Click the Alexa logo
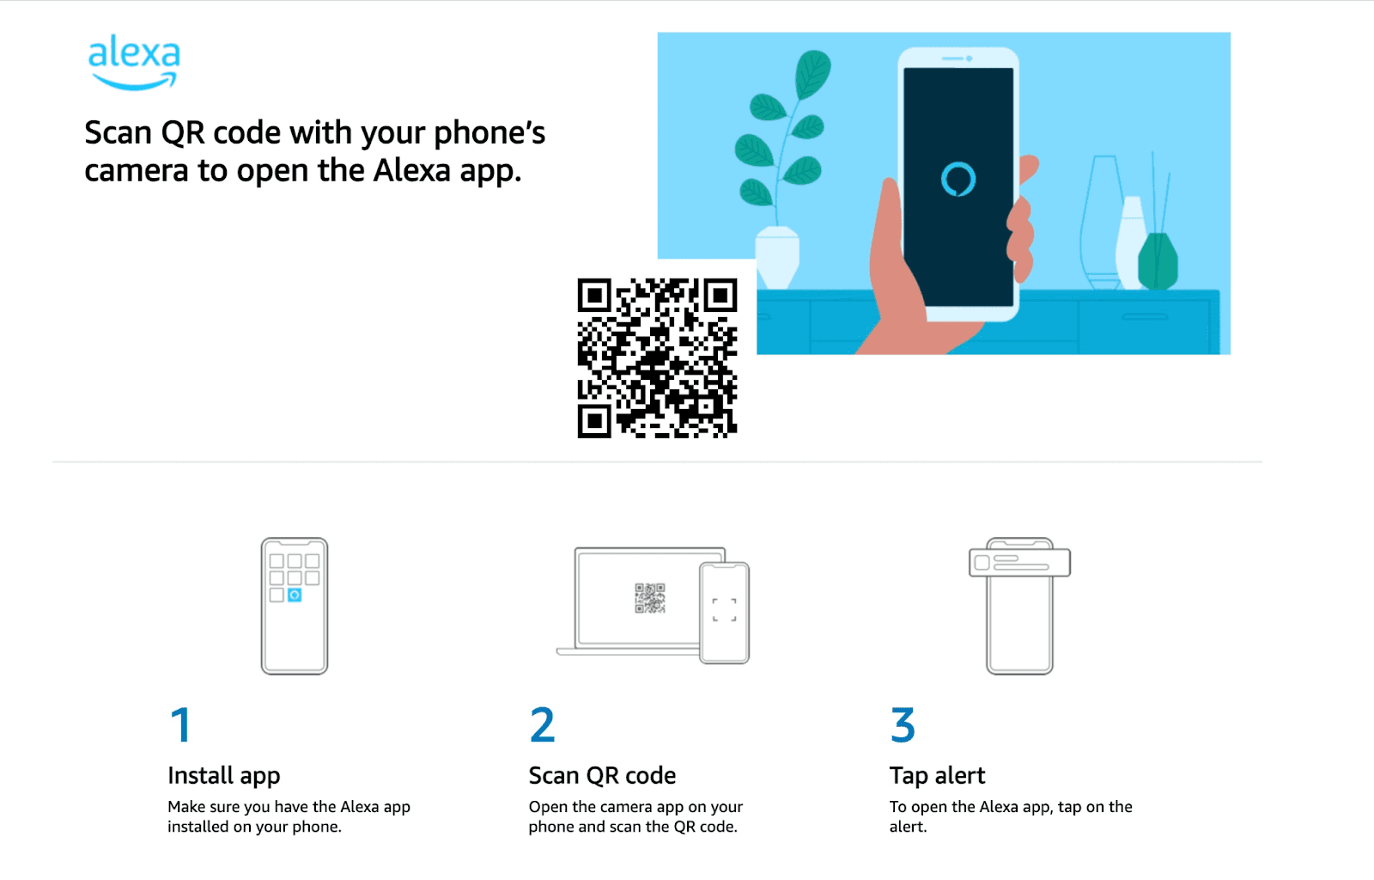134,62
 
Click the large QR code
657,357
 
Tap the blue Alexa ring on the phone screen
958,180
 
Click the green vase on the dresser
1158,260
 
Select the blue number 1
181,724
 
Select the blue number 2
542,724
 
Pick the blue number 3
903,724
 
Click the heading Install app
224,776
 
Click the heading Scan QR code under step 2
602,776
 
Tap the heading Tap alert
937,776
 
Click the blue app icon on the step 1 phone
295,595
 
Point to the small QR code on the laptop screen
649,598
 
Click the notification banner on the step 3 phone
1019,562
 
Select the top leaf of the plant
812,74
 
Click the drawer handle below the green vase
1145,316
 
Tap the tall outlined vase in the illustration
1103,221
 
